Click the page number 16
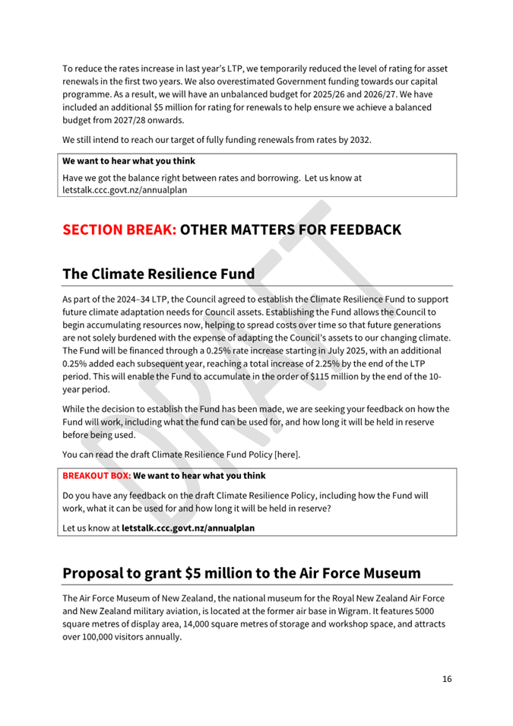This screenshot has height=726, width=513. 447,678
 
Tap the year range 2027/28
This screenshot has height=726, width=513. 139,120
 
